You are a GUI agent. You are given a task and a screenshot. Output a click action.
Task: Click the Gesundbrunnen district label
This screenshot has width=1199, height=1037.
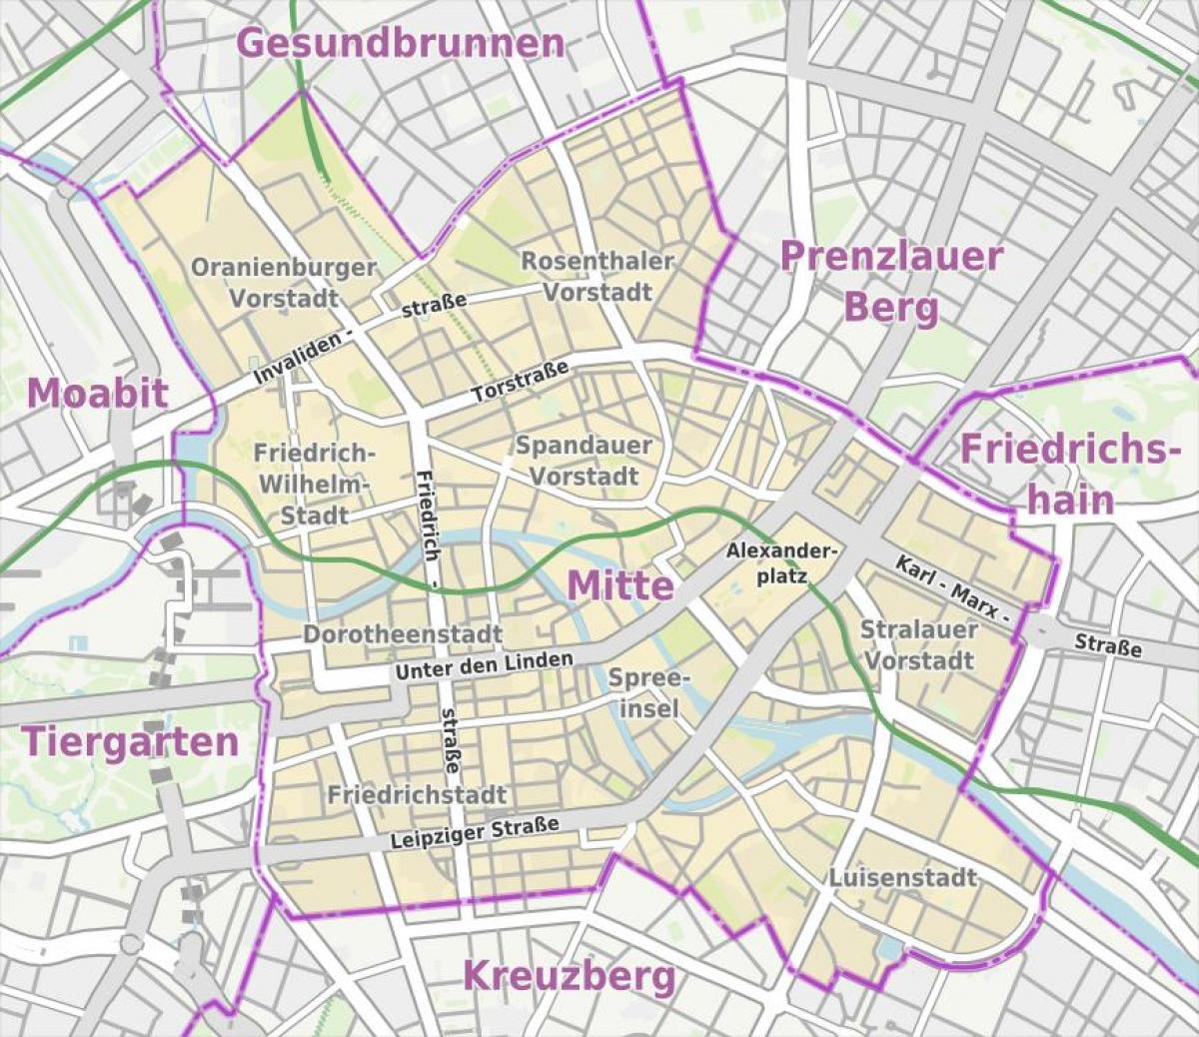pos(401,43)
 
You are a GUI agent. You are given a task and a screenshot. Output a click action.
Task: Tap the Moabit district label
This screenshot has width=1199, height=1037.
pos(97,393)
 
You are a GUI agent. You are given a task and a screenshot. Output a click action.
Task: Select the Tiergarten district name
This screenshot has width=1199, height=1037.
pos(130,741)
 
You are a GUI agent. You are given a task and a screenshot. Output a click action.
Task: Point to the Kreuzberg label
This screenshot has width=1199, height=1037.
pos(569,975)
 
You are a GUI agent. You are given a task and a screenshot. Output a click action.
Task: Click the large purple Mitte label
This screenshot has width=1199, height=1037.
pos(620,585)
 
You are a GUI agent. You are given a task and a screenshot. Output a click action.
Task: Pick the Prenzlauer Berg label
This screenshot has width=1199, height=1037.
pos(890,282)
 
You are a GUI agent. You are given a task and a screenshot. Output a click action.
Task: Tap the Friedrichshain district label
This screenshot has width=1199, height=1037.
pos(1064,474)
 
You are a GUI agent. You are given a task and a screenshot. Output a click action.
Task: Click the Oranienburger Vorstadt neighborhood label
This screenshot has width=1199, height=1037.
pos(284,283)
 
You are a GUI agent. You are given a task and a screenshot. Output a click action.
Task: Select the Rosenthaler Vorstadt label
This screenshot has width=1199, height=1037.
pos(598,277)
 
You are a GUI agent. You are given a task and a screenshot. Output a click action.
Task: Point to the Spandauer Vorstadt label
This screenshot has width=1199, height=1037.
pos(584,460)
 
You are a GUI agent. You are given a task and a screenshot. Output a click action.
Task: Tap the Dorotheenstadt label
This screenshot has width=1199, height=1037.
pos(403,634)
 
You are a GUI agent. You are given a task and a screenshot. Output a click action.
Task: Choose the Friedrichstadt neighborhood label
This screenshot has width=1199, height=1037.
pos(417,795)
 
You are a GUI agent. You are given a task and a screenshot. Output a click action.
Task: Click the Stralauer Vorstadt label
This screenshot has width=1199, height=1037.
pos(918,644)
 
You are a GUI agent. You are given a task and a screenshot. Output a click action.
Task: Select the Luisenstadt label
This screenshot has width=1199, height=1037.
pos(902,877)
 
